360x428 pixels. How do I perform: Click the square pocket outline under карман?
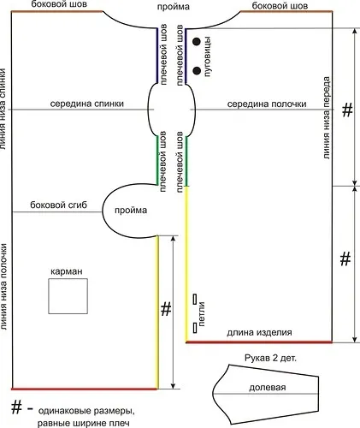[x=49, y=296]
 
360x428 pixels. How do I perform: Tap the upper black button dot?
[x=197, y=42]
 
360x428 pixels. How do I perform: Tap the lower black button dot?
[x=197, y=70]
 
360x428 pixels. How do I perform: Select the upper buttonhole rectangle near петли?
[x=195, y=300]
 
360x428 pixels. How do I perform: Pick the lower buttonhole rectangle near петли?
[x=195, y=328]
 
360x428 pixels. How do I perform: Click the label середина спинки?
[x=87, y=104]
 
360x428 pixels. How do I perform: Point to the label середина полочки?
[x=267, y=104]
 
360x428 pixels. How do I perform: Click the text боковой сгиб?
[x=58, y=205]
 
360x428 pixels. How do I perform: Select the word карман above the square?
[x=67, y=271]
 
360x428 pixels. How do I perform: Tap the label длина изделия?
[x=259, y=332]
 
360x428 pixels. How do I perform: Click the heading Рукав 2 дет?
[x=270, y=358]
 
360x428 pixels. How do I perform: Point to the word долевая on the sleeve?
[x=268, y=388]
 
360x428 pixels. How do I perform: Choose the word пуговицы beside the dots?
[x=208, y=56]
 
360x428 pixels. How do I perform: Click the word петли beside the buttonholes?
[x=202, y=314]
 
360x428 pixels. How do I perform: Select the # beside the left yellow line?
[x=166, y=309]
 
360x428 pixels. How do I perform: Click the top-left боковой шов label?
[x=59, y=4]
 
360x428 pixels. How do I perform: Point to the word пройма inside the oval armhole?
[x=131, y=211]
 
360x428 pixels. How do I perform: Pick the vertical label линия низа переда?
[x=327, y=117]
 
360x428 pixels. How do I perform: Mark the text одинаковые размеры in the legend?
[x=86, y=412]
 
